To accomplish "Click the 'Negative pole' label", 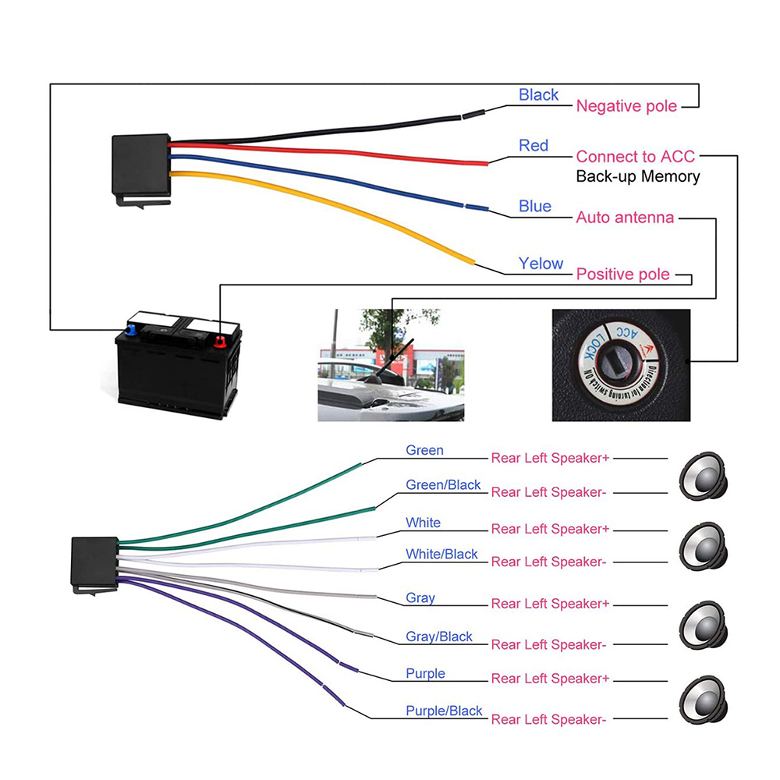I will [x=626, y=106].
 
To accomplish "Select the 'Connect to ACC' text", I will [x=635, y=157].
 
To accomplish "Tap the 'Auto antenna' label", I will [x=624, y=218].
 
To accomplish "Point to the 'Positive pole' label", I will [x=622, y=275].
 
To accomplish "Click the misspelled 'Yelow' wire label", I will [x=541, y=264].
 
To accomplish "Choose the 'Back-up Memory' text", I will [x=637, y=176].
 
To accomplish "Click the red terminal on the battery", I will [x=219, y=341].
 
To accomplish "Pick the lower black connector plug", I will [x=94, y=563].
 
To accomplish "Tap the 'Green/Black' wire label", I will [x=443, y=485].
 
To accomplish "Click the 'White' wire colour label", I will [x=423, y=523].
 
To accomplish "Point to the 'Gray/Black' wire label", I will [x=439, y=636].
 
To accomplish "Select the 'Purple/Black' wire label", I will [x=444, y=711].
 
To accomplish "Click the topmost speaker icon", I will [x=703, y=473].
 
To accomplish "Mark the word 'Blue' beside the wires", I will [x=534, y=206].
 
